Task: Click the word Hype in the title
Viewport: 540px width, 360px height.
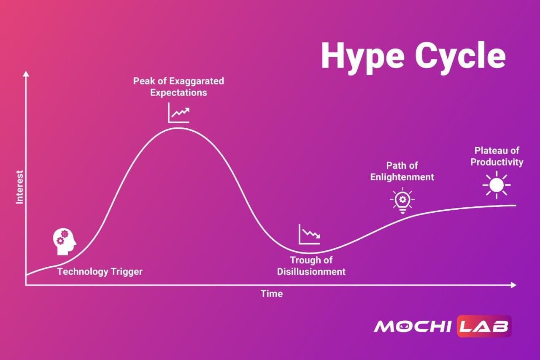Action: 363,57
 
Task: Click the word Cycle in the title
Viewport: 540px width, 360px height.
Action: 460,57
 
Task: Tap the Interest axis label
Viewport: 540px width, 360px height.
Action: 19,187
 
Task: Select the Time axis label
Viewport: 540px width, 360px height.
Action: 272,294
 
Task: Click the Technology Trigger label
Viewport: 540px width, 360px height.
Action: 100,272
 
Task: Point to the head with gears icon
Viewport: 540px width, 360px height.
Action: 65,241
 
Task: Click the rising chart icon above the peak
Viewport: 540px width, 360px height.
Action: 178,113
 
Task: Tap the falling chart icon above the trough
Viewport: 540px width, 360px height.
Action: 310,234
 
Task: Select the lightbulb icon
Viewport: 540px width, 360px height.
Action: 402,200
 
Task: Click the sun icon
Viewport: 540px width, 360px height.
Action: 497,185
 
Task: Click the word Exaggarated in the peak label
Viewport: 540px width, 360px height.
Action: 197,81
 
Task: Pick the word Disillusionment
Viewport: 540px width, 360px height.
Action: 311,272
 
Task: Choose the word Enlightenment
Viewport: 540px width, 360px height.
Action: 402,177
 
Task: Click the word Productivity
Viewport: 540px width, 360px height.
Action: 497,162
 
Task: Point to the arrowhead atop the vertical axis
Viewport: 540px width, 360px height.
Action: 26,74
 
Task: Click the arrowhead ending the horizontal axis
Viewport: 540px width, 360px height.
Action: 513,285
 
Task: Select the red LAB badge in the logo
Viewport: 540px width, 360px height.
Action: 484,326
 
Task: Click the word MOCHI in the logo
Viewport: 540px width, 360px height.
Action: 413,326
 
